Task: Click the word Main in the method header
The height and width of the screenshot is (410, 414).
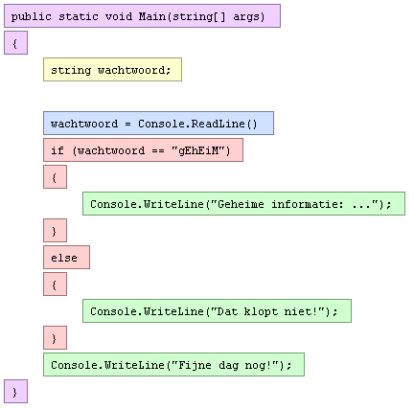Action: point(152,16)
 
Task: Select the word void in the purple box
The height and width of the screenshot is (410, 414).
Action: point(119,16)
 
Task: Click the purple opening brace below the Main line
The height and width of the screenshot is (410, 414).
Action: point(15,43)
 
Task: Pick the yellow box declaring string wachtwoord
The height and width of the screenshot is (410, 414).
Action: point(112,70)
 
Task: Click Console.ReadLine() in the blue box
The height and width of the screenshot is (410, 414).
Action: point(197,124)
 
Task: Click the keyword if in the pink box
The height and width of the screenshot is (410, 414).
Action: point(57,150)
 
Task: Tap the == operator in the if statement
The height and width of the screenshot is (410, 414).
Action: point(158,151)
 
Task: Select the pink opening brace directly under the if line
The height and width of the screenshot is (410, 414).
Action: point(55,177)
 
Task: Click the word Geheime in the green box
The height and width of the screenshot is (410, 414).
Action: point(241,204)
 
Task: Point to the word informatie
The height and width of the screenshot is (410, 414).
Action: point(308,204)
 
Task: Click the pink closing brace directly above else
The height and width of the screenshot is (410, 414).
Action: point(55,231)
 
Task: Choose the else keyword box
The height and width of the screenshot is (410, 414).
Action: point(66,258)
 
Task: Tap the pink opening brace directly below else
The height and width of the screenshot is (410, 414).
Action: point(55,285)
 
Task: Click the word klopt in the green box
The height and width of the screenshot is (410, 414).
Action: point(261,311)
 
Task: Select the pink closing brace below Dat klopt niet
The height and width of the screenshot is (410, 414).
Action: point(55,338)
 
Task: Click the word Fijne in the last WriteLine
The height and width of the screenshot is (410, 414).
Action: point(195,365)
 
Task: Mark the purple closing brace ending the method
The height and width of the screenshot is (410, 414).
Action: point(15,392)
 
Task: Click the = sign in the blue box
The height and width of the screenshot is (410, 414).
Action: point(127,124)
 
